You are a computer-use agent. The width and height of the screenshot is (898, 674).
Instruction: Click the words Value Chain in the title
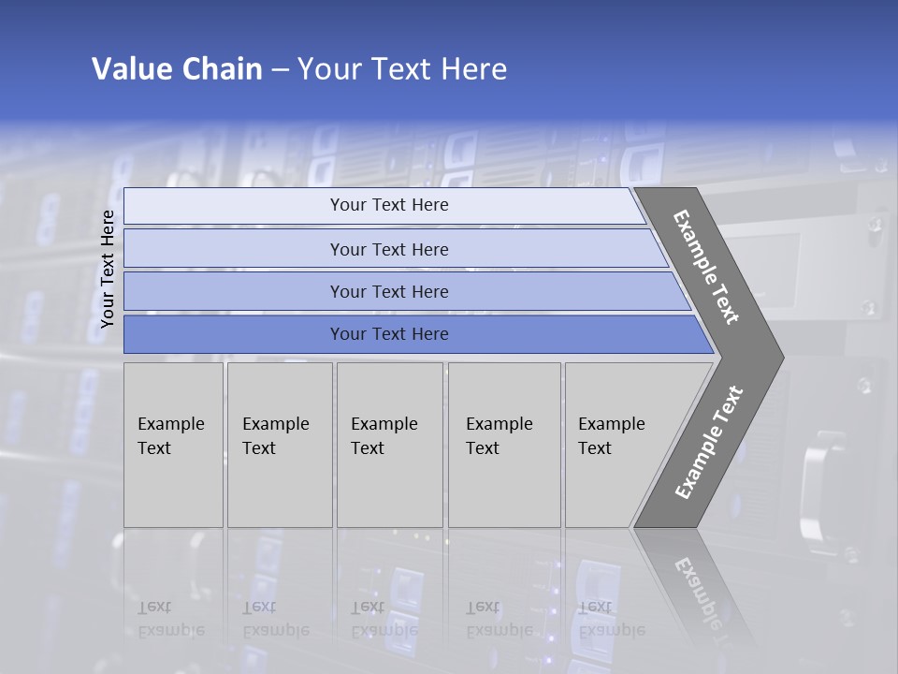pyautogui.click(x=177, y=69)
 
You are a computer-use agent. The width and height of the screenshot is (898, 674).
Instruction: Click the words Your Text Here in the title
pyautogui.click(x=402, y=69)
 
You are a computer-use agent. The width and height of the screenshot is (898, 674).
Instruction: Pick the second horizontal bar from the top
pyautogui.click(x=388, y=249)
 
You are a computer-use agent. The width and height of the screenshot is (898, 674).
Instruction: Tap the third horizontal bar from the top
pyautogui.click(x=388, y=291)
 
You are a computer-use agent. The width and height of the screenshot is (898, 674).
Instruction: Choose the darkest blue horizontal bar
pyautogui.click(x=388, y=334)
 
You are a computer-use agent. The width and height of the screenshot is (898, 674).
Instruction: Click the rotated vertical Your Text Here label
pyautogui.click(x=108, y=269)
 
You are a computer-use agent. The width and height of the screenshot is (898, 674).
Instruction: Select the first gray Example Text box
pyautogui.click(x=173, y=445)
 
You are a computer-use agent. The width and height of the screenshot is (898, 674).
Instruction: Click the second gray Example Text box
pyautogui.click(x=279, y=445)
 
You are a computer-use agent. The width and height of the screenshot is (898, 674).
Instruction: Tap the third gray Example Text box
pyautogui.click(x=389, y=445)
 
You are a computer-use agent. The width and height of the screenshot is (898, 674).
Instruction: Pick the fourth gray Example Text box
pyautogui.click(x=503, y=445)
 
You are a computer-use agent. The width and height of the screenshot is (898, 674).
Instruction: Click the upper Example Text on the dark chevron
pyautogui.click(x=706, y=267)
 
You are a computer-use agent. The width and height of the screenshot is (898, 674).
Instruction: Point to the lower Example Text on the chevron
pyautogui.click(x=709, y=443)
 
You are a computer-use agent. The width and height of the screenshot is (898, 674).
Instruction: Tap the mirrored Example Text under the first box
pyautogui.click(x=170, y=619)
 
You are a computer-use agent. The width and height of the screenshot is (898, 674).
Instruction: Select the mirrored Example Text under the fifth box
pyautogui.click(x=611, y=619)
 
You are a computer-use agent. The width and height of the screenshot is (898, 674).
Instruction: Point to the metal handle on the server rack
pyautogui.click(x=816, y=483)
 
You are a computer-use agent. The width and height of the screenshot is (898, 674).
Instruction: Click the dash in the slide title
pyautogui.click(x=280, y=70)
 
